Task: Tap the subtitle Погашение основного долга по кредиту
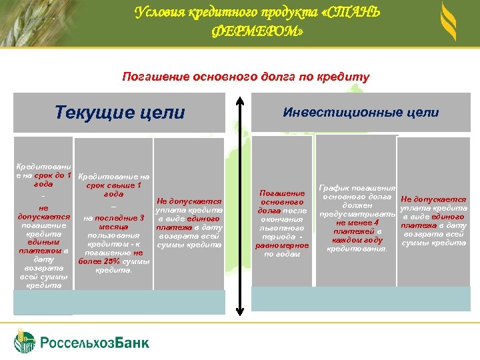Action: pos(245,77)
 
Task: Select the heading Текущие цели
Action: pos(120,112)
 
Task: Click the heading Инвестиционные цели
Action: pos(361,112)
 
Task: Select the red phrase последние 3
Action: pos(123,218)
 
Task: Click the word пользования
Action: pos(113,235)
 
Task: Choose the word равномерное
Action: pos(283,245)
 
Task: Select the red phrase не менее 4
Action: pos(358,223)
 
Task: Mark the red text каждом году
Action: pos(361,240)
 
